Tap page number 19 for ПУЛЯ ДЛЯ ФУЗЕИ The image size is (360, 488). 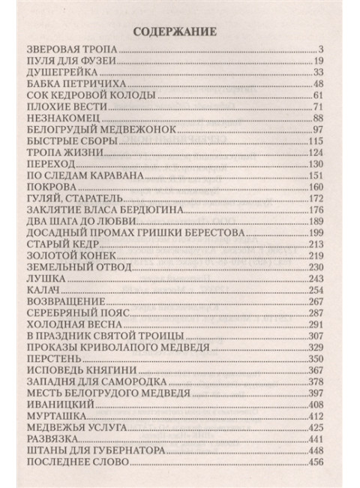click(x=318, y=61)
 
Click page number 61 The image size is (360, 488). click(x=318, y=98)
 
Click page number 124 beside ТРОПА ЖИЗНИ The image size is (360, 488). click(x=315, y=158)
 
